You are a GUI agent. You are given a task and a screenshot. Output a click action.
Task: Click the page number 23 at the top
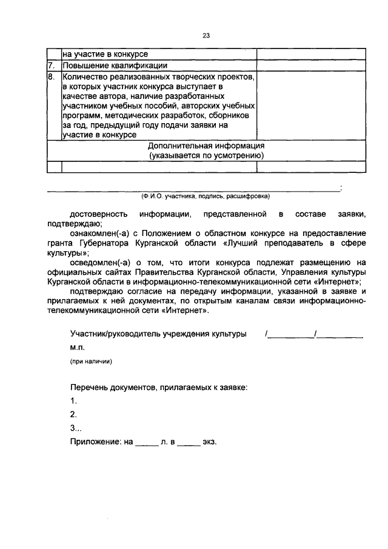[x=206, y=36]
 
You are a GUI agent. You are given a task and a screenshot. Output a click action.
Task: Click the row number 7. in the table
[x=52, y=66]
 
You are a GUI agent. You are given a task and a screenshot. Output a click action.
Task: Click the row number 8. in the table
[x=52, y=77]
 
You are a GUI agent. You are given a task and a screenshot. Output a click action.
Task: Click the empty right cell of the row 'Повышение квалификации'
[x=311, y=66]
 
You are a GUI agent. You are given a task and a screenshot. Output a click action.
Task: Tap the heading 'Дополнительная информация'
[x=206, y=146]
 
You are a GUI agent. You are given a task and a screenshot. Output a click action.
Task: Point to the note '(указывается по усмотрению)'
[x=206, y=155]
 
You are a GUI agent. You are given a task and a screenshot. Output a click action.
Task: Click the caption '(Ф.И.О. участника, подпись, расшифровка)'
[x=205, y=197]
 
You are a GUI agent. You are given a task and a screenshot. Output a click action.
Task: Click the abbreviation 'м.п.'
[x=77, y=348]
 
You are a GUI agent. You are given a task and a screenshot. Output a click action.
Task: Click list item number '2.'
[x=73, y=414]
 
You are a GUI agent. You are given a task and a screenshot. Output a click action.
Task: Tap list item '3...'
[x=75, y=428]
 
